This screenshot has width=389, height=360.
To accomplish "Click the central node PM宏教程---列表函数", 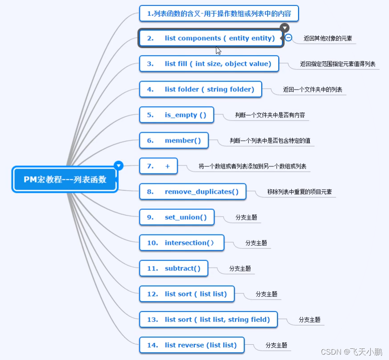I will (x=65, y=179).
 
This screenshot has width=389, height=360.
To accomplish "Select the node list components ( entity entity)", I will (x=211, y=38).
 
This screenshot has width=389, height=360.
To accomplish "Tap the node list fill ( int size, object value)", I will (x=209, y=64).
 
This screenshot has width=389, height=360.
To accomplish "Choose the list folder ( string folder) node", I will (x=200, y=89).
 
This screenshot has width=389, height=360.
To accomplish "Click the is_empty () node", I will (x=177, y=115).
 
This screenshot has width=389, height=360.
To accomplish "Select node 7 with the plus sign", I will (x=159, y=166).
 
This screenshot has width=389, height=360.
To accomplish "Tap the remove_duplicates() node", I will (x=195, y=191).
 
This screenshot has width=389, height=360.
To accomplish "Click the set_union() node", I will (x=177, y=217).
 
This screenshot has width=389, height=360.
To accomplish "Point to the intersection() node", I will (x=180, y=243).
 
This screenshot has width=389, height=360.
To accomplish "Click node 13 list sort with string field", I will (x=208, y=319).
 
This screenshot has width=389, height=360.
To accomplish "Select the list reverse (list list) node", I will (x=192, y=345).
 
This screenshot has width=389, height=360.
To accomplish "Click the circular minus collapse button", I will (x=289, y=38).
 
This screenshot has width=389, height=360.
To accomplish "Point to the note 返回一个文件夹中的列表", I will (x=312, y=90).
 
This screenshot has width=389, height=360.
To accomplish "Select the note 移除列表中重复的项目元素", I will (x=299, y=192).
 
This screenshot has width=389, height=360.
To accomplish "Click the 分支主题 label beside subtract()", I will (x=240, y=269).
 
